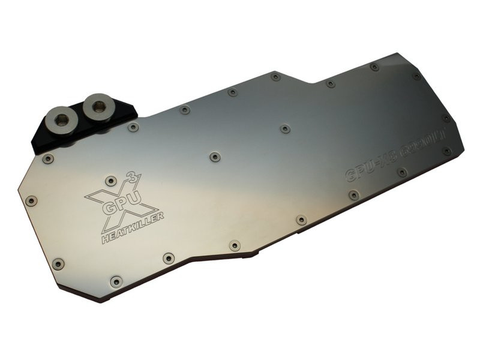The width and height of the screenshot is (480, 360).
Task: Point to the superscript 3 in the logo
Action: tap(133, 177)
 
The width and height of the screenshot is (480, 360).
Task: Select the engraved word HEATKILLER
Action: tap(132, 229)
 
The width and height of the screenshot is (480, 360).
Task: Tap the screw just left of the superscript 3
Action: tap(111, 181)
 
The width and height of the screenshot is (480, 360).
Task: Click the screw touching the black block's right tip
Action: tap(133, 127)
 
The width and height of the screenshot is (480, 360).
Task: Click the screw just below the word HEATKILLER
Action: tap(168, 258)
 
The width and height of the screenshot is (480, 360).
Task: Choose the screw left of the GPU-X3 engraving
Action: tap(354, 195)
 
